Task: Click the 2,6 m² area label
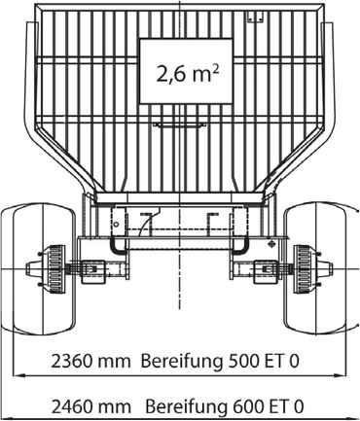(188, 73)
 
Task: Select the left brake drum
(55, 269)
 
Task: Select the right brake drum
(304, 269)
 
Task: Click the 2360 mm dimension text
(90, 361)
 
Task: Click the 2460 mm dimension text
(91, 406)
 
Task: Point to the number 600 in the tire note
(246, 406)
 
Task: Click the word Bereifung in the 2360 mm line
(182, 362)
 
